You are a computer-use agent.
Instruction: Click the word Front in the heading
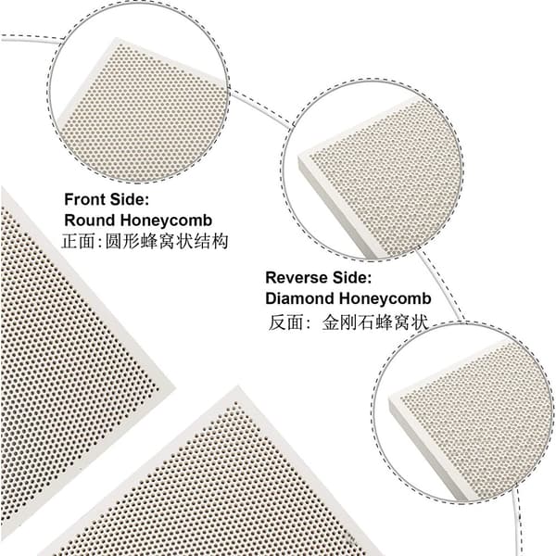[x=84, y=199]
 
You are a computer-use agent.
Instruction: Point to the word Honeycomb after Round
[x=166, y=221]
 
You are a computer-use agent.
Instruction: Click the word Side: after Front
[x=130, y=199]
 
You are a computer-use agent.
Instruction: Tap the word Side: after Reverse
[x=351, y=277]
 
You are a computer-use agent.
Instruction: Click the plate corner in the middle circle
[x=300, y=156]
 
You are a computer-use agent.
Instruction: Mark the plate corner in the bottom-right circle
[x=390, y=398]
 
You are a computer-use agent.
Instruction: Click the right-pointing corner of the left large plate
[x=175, y=386]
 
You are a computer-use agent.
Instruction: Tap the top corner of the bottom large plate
[x=238, y=386]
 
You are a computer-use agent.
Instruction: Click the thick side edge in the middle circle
[x=337, y=209]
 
